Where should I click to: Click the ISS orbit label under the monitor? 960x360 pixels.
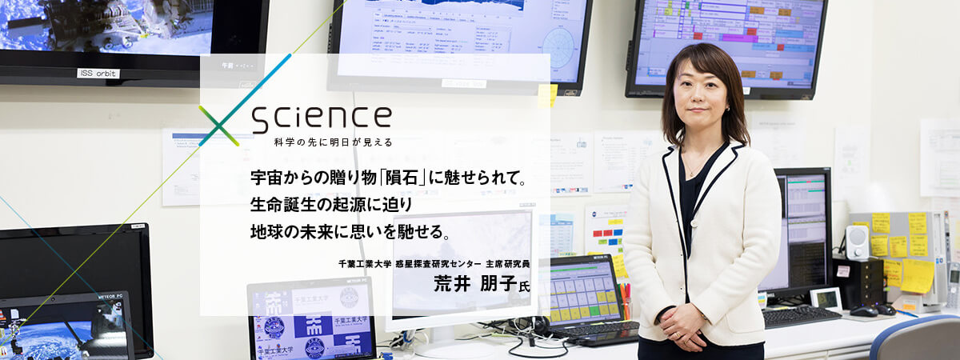point(98,74)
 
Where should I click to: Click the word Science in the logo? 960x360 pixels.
point(321,118)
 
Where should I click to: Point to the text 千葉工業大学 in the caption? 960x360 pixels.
point(366,263)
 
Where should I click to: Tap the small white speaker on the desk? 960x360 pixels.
point(857,242)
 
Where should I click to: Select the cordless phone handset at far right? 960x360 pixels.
point(952,285)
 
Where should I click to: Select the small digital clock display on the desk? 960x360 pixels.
point(824,298)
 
